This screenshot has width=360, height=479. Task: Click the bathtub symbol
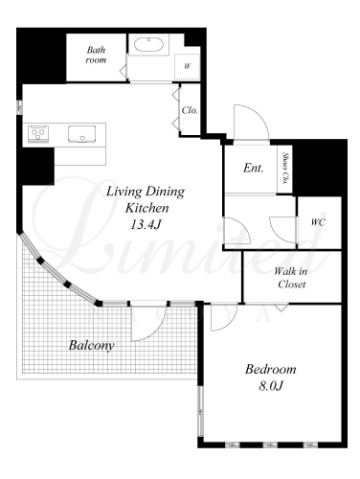pos(148,44)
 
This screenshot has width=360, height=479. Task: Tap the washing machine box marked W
pos(187,67)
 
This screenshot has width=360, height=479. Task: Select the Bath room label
pos(96,55)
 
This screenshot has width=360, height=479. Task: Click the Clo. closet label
pos(190,110)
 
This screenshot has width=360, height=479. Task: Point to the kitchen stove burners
pos(38,133)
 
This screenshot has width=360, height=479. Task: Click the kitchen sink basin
pos(81,134)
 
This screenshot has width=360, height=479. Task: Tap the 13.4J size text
pos(145,225)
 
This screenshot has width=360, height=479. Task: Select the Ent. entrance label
pos(254,168)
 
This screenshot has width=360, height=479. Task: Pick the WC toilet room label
pos(318,222)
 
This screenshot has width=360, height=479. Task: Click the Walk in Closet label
pos(291,278)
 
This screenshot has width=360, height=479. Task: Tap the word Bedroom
pos(271,370)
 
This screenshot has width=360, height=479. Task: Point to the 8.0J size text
pos(271,386)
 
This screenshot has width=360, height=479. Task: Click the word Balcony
pos(91,345)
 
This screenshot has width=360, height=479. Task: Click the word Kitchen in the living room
pos(146,208)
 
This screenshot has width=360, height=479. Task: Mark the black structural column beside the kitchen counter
pos(37,166)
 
